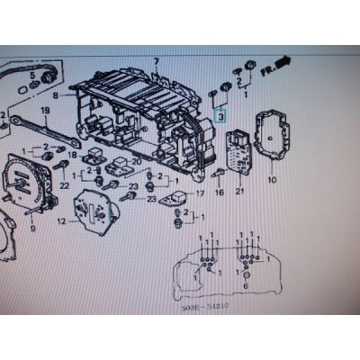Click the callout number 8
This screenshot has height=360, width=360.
click(x=55, y=94)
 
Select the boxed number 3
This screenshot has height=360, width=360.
click(x=219, y=115)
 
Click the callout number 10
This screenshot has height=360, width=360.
click(x=272, y=180)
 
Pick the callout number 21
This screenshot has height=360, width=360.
click(x=239, y=190)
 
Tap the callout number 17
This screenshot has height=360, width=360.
click(x=199, y=193)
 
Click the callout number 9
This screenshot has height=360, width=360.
click(x=33, y=229)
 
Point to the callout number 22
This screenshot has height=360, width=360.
click(x=64, y=186)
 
